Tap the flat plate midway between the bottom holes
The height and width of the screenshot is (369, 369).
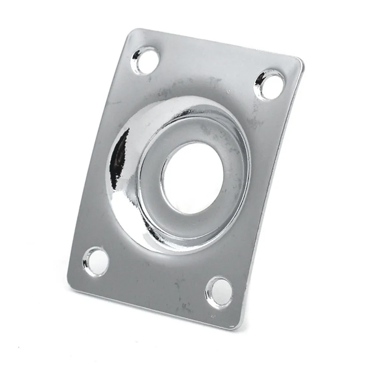(x=158, y=276)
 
